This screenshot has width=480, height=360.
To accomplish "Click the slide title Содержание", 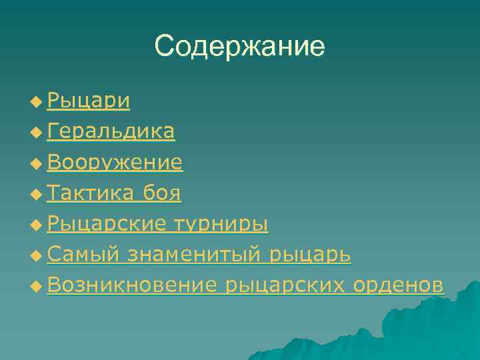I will click(x=239, y=46).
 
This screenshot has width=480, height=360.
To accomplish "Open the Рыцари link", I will click(x=89, y=101).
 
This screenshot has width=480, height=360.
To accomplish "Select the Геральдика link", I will click(x=111, y=131).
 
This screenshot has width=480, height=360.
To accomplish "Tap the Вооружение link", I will click(x=115, y=162).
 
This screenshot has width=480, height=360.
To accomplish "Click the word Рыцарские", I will click(x=107, y=223).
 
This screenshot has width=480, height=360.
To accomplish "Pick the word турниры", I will click(x=221, y=223).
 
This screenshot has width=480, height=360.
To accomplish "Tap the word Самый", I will click(x=83, y=254).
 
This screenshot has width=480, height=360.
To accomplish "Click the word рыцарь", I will click(x=311, y=254).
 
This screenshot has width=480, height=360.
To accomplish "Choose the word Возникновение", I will click(x=132, y=285).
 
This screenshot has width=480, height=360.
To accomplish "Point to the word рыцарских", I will click(x=285, y=285).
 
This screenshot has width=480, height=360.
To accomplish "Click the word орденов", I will click(x=398, y=285).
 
